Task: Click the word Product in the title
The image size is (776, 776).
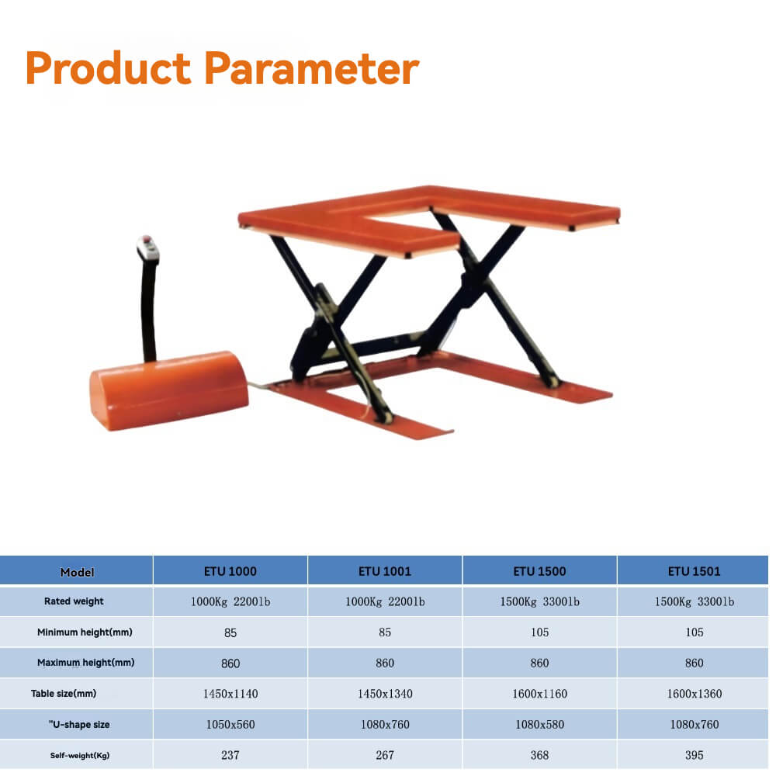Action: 108,69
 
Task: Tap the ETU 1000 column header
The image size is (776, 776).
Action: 230,571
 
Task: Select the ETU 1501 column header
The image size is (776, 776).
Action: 695,571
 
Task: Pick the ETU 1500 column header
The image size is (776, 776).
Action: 539,571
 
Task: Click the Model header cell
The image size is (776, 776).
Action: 77,572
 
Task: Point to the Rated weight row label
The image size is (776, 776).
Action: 74,601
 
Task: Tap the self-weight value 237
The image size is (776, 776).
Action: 230,755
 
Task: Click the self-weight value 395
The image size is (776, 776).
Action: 695,755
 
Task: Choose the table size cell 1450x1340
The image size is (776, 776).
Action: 385,694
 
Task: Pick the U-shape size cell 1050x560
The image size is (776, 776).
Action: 230,725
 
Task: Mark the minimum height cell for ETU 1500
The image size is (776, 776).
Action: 539,632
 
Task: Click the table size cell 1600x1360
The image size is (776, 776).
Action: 695,694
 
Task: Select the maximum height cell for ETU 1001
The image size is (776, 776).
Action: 385,663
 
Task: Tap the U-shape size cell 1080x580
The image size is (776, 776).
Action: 539,725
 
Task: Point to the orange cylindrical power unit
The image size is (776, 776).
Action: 168,390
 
